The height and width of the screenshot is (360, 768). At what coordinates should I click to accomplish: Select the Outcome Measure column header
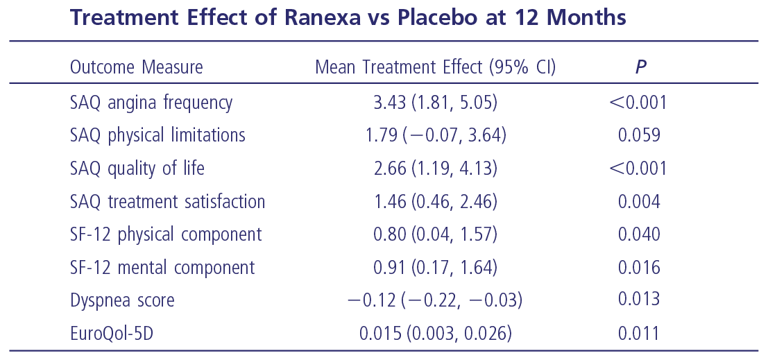[x=136, y=67]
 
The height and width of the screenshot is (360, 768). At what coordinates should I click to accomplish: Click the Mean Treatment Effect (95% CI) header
[x=435, y=67]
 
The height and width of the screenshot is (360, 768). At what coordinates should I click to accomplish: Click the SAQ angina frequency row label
[x=151, y=103]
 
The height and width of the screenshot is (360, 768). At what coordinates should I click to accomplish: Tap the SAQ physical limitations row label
[x=157, y=135]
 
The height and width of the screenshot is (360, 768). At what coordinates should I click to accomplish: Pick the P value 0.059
[x=638, y=135]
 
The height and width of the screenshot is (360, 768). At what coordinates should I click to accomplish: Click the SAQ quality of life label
[x=137, y=169]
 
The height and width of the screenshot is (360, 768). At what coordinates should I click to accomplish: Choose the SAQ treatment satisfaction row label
[x=167, y=202]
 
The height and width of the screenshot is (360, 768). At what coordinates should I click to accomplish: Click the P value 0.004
[x=638, y=202]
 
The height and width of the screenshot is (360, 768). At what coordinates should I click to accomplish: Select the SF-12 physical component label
[x=166, y=234]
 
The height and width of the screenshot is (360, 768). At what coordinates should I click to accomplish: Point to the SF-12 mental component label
[x=162, y=268]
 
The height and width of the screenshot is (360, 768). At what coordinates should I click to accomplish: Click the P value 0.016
[x=638, y=268]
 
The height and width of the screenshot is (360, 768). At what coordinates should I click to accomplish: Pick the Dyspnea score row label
[x=122, y=300]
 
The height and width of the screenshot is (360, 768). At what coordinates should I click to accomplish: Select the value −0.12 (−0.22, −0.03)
[x=435, y=300]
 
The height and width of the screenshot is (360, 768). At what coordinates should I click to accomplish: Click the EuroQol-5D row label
[x=111, y=334]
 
